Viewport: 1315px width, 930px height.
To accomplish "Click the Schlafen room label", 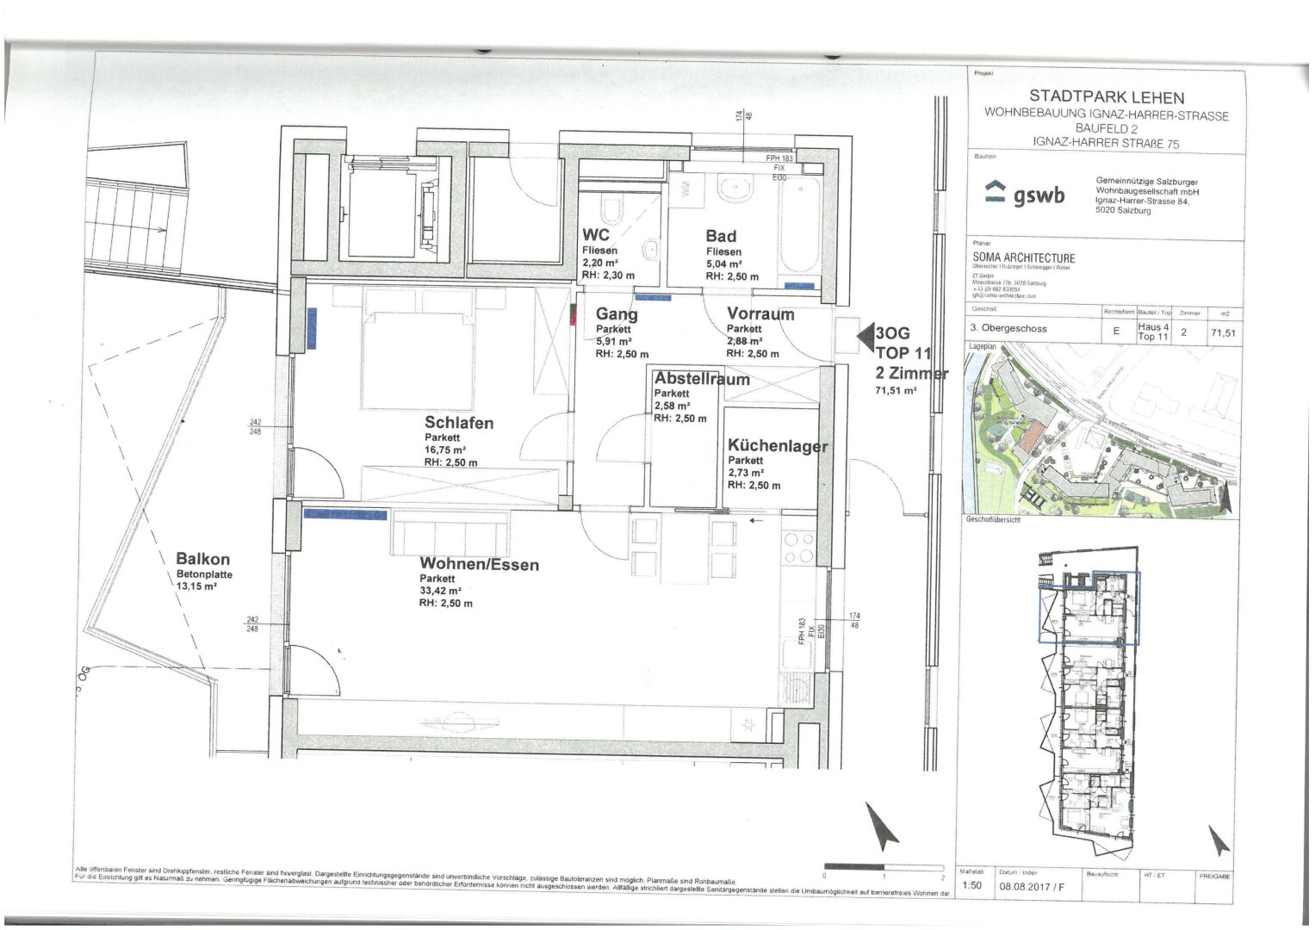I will click(x=458, y=423).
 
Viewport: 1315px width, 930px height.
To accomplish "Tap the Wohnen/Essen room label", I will click(x=479, y=565).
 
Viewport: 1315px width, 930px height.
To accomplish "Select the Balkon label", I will click(x=202, y=559).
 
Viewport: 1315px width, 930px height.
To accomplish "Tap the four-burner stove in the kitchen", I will click(x=798, y=548).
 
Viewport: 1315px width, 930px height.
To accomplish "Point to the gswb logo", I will click(x=1024, y=195).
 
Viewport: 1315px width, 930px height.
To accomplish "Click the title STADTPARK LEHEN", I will click(x=1106, y=98).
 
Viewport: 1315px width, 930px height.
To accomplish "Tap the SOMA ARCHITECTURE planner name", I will click(x=1023, y=257).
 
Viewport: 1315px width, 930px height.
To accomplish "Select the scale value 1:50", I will click(x=971, y=885).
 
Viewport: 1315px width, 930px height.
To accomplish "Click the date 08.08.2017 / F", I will click(x=1031, y=886).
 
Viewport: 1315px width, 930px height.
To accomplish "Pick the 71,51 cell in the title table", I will click(x=1223, y=332).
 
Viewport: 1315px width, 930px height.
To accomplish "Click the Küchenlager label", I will click(x=777, y=446).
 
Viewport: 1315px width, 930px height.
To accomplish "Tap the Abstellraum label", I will click(x=701, y=379).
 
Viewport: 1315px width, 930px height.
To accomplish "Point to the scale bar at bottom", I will click(x=884, y=866).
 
